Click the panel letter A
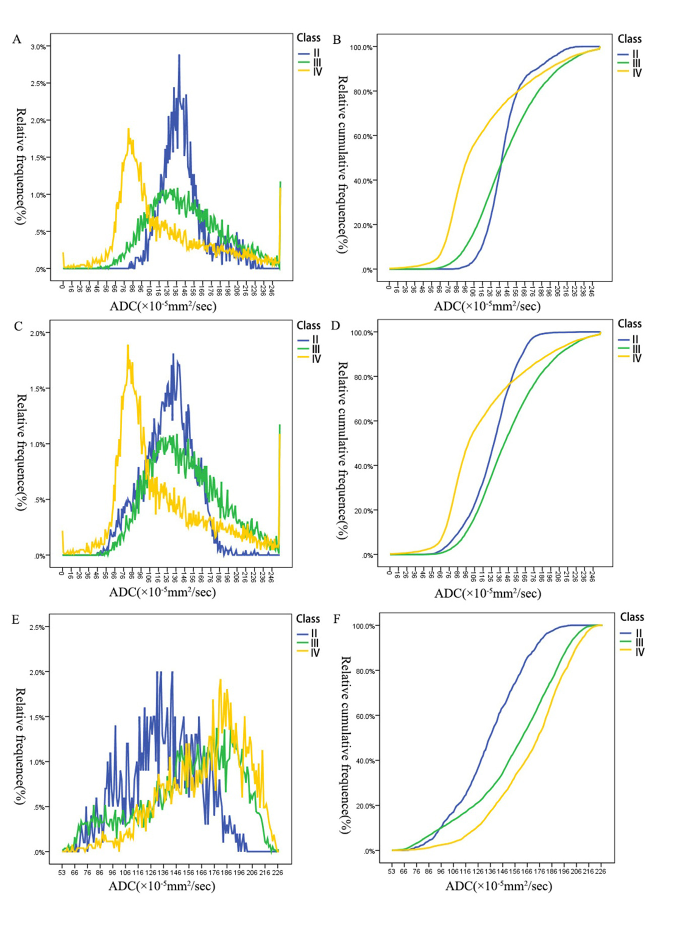[x=17, y=40]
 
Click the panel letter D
[x=335, y=326]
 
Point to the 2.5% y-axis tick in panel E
[x=39, y=627]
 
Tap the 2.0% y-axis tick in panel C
[x=39, y=333]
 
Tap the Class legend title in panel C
[x=309, y=325]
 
